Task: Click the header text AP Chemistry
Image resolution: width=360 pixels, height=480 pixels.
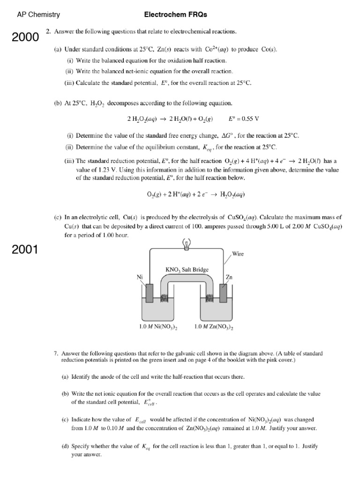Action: click(38, 15)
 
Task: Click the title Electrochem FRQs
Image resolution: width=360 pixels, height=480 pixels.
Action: click(176, 15)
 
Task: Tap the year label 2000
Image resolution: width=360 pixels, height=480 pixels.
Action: click(25, 37)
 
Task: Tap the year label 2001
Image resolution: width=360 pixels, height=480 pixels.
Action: click(25, 249)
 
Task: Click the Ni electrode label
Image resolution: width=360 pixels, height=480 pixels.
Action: click(140, 277)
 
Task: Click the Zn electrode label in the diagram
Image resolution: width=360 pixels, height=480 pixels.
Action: click(229, 277)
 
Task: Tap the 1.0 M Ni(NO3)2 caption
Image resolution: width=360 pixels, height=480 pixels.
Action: click(158, 328)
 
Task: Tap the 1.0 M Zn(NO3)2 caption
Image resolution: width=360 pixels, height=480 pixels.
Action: click(214, 328)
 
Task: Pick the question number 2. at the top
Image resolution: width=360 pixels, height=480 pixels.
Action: click(48, 31)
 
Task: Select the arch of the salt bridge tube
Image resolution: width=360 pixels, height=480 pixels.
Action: click(186, 279)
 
